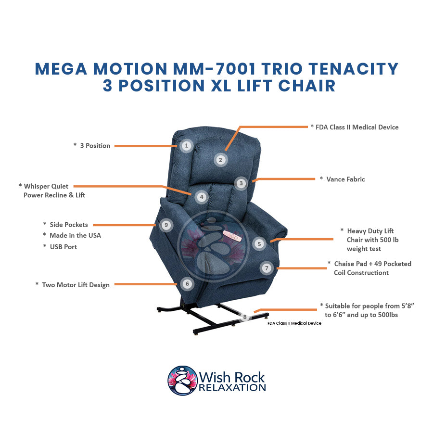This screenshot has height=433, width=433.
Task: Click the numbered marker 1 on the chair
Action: pyautogui.click(x=187, y=145)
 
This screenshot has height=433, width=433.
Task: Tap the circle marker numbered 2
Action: pyautogui.click(x=220, y=160)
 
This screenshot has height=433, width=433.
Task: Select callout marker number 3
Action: pyautogui.click(x=241, y=183)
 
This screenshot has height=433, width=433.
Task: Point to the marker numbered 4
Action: pyautogui.click(x=202, y=197)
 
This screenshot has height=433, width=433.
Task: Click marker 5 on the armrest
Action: pyautogui.click(x=259, y=244)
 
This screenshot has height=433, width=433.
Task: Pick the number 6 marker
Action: pyautogui.click(x=187, y=284)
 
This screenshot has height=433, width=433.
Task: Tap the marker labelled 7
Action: pyautogui.click(x=266, y=267)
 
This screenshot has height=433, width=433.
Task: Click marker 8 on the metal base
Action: pyautogui.click(x=245, y=317)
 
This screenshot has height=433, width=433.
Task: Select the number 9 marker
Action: pyautogui.click(x=166, y=225)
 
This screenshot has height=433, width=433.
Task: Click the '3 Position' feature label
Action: pyautogui.click(x=95, y=145)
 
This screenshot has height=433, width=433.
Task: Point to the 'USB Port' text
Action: pyautogui.click(x=63, y=247)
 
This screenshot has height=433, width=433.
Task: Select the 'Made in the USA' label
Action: pyautogui.click(x=75, y=235)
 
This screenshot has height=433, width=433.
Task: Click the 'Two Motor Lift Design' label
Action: pyautogui.click(x=76, y=285)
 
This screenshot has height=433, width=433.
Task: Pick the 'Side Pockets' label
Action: pyautogui.click(x=69, y=225)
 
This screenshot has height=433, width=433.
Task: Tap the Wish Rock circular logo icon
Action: pyautogui.click(x=182, y=380)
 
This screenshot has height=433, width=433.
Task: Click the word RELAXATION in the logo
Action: pyautogui.click(x=232, y=387)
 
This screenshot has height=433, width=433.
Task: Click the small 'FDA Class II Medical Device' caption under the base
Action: pyautogui.click(x=294, y=323)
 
